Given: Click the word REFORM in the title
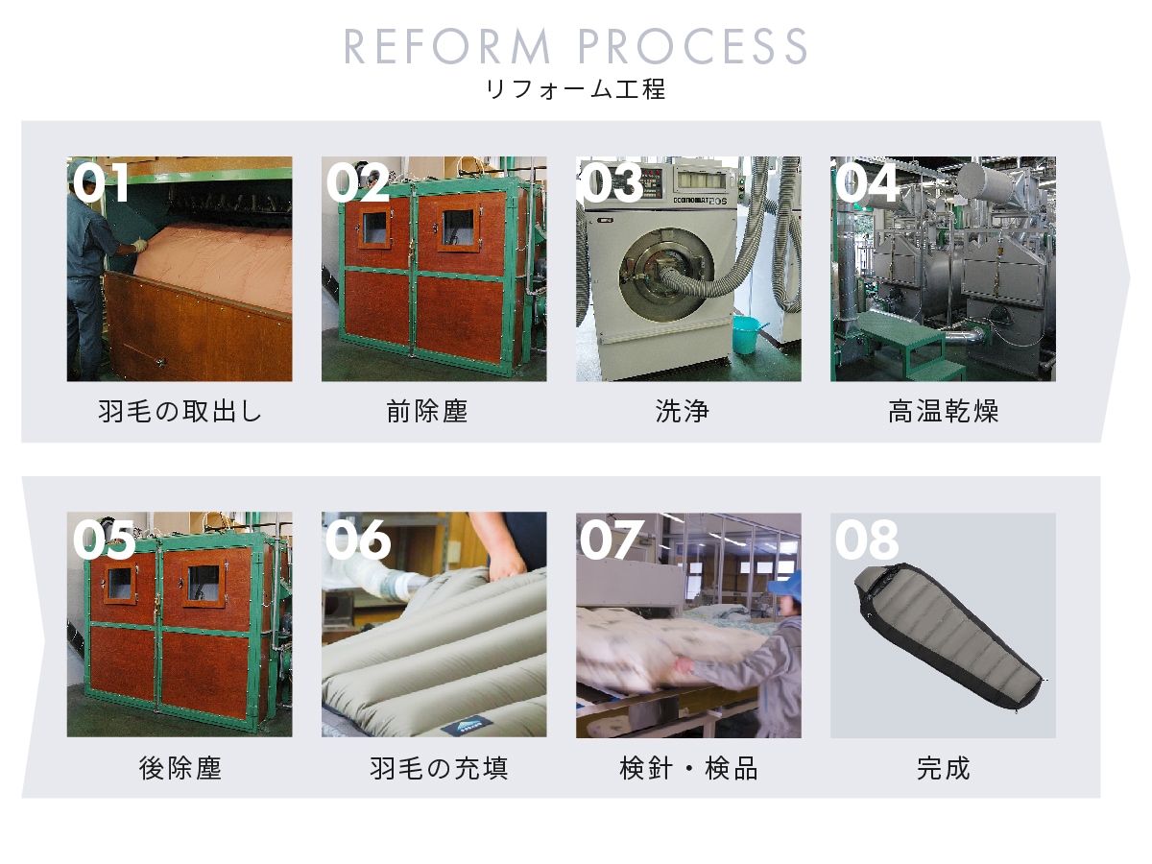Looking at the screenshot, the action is tap(446, 46).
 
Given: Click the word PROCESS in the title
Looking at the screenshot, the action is tap(692, 46).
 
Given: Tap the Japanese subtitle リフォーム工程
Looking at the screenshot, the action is tap(576, 89).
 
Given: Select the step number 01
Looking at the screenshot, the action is tap(101, 182).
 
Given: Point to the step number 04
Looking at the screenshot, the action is tap(866, 182).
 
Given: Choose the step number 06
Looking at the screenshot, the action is tap(358, 539).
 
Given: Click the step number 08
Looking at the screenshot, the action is tap(867, 540).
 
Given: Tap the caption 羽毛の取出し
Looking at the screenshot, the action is tap(180, 411).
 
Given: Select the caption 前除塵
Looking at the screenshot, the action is tap(426, 411).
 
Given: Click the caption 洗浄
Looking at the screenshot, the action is tap(683, 411).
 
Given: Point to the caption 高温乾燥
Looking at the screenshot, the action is tap(943, 411).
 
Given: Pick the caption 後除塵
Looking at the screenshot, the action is tap(180, 769).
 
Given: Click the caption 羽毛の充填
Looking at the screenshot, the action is tap(439, 769).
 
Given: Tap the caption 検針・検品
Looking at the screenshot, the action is tap(688, 769).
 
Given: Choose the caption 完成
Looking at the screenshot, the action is tap(943, 769).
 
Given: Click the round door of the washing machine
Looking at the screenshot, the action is tap(665, 275).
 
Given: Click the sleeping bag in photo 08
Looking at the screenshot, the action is tap(948, 636).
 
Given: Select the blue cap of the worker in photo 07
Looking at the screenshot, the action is tap(785, 586).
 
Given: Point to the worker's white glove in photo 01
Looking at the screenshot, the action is tap(139, 245).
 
